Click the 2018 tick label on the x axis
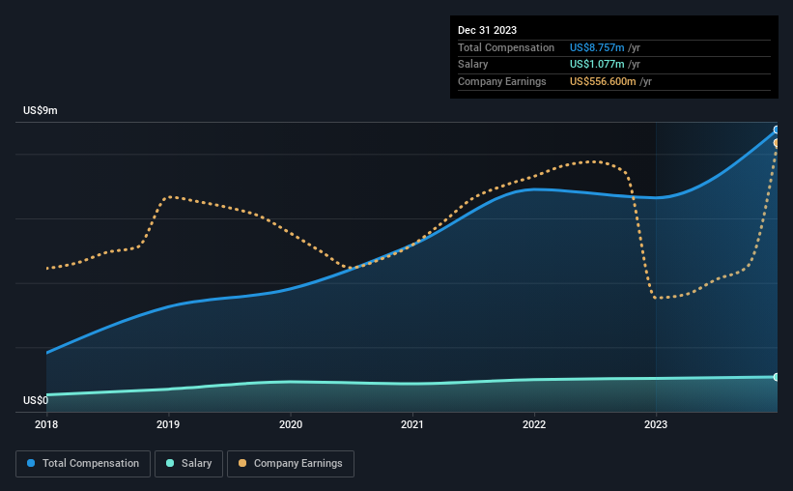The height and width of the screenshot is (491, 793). click(x=46, y=423)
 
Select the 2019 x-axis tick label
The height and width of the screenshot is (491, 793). click(x=168, y=423)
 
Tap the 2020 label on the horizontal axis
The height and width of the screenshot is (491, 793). click(x=291, y=423)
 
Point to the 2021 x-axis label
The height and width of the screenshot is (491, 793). click(x=412, y=423)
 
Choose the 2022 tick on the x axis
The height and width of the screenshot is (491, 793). click(x=534, y=423)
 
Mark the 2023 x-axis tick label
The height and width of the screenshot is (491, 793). click(x=656, y=423)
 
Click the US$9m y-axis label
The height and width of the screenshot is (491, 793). click(x=41, y=111)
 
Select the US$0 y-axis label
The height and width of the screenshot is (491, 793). click(x=36, y=400)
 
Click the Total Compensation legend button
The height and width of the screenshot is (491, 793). click(x=83, y=464)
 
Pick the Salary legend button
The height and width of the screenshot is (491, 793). click(x=191, y=464)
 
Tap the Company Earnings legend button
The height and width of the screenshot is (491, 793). click(x=290, y=464)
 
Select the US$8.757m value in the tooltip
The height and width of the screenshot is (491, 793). click(x=597, y=47)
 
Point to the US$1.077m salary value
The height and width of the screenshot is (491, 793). click(x=597, y=65)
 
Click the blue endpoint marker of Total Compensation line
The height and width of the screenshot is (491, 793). click(x=777, y=130)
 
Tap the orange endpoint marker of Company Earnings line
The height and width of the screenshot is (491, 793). click(x=777, y=143)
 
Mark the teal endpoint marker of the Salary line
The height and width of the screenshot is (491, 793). click(x=777, y=377)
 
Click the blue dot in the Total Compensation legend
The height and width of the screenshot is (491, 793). click(x=31, y=464)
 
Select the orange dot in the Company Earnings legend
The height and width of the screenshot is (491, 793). click(x=241, y=464)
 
